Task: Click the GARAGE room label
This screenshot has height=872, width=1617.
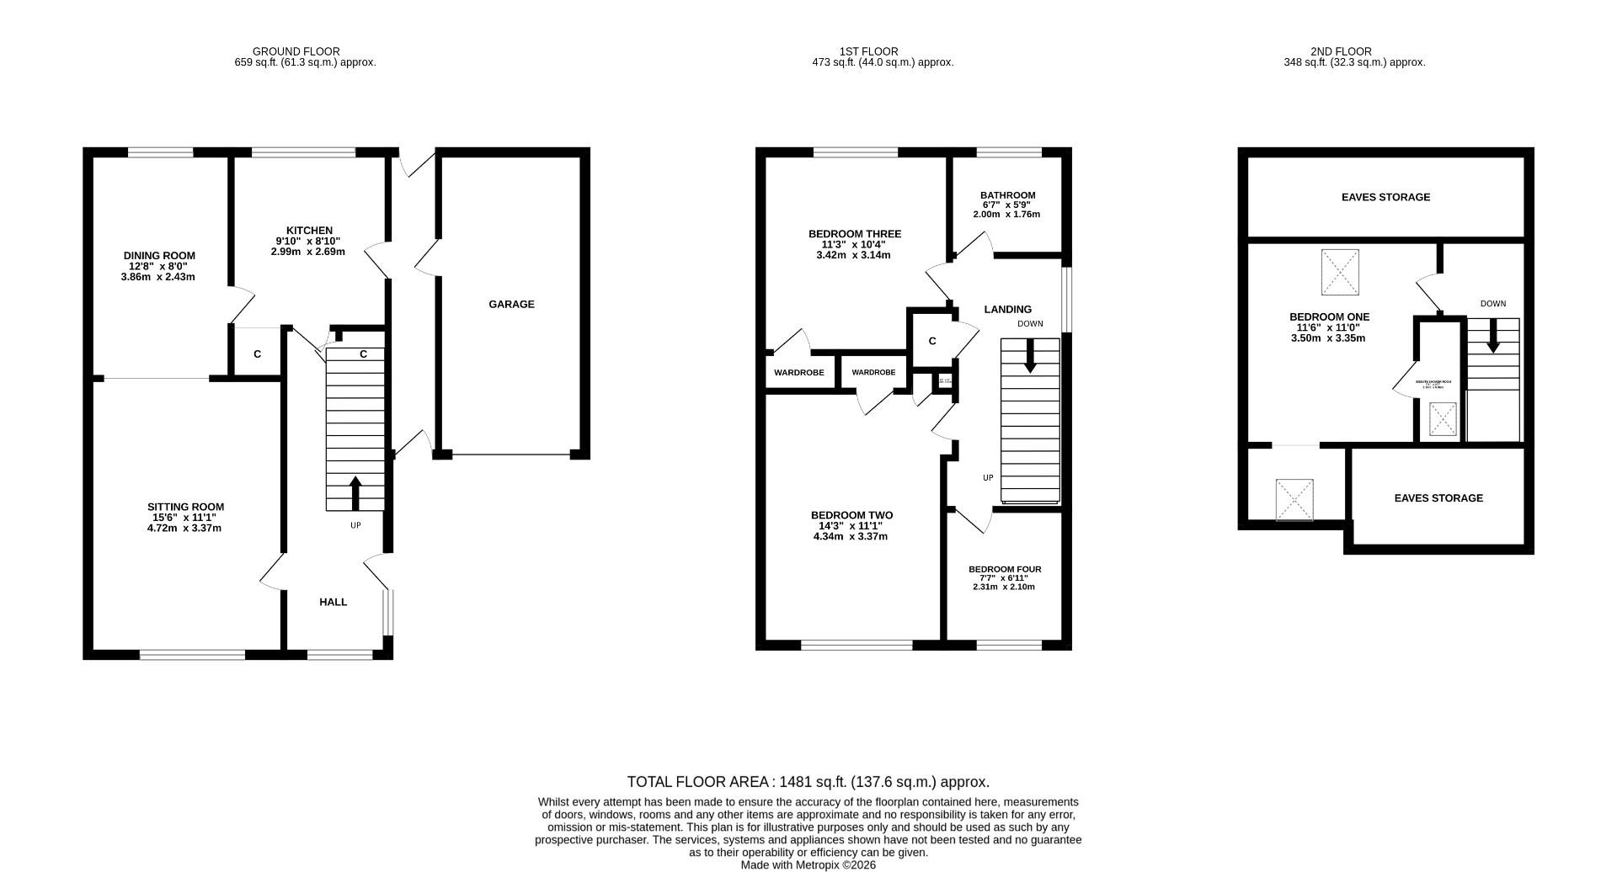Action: [511, 305]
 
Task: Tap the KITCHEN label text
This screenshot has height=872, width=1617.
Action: [309, 231]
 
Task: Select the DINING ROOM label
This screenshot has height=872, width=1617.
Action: [159, 256]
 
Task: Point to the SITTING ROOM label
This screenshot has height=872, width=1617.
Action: [185, 508]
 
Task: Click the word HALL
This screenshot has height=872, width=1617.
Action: [333, 603]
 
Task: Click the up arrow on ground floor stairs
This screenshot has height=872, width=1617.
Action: [355, 493]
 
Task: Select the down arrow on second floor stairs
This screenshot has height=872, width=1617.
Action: [1493, 337]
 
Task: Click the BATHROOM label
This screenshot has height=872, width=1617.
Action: [1007, 195]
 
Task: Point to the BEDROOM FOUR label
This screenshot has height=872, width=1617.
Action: [1005, 570]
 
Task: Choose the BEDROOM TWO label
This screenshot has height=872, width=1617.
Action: [851, 516]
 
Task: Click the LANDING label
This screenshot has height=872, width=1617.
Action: [1007, 310]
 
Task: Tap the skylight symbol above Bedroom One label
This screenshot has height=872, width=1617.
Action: [1340, 272]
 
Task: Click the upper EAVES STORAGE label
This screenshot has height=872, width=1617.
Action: [1385, 198]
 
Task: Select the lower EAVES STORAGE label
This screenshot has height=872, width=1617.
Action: [1438, 498]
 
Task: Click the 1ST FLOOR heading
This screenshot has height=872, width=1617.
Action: [868, 51]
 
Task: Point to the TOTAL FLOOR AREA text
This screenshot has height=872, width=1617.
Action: [808, 782]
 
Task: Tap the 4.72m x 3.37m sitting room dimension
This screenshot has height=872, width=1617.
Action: [184, 529]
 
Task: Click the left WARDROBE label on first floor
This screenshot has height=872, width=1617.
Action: [799, 372]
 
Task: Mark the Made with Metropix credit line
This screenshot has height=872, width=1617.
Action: [808, 864]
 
